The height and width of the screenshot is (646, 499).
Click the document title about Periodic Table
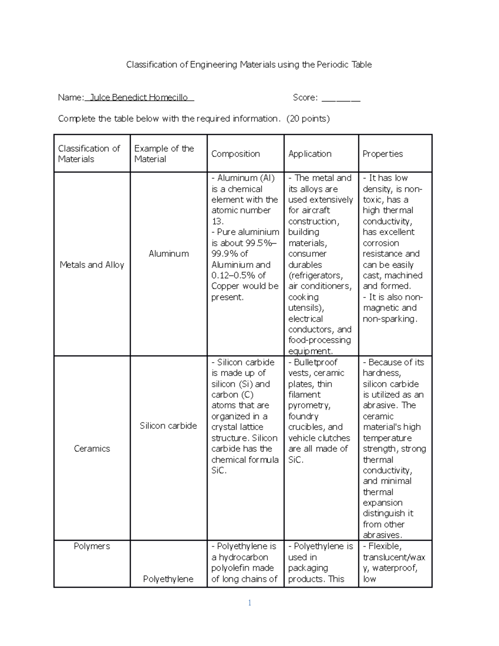click(x=249, y=64)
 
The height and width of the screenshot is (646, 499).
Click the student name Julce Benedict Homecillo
click(x=139, y=97)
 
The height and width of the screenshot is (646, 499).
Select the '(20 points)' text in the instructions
click(x=308, y=119)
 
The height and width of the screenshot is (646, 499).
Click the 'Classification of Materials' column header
click(x=89, y=153)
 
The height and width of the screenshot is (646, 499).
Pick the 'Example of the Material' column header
click(x=164, y=153)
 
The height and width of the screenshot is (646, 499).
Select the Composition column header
click(x=235, y=153)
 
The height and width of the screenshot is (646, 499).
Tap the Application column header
click(x=310, y=153)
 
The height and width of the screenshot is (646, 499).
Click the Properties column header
click(x=383, y=153)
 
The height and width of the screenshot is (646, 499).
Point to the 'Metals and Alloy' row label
click(x=92, y=265)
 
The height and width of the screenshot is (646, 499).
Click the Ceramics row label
click(x=92, y=448)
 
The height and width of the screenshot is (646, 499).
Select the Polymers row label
click(x=92, y=546)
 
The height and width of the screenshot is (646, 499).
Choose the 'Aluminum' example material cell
click(x=168, y=254)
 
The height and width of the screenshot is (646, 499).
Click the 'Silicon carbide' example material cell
click(x=168, y=426)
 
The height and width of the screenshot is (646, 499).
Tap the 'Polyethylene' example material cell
click(x=168, y=579)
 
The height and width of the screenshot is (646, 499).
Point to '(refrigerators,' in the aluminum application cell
click(x=316, y=275)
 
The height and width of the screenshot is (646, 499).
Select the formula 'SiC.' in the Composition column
click(x=219, y=470)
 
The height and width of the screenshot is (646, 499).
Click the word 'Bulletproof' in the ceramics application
click(x=315, y=362)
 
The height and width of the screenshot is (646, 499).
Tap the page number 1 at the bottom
click(x=249, y=603)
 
